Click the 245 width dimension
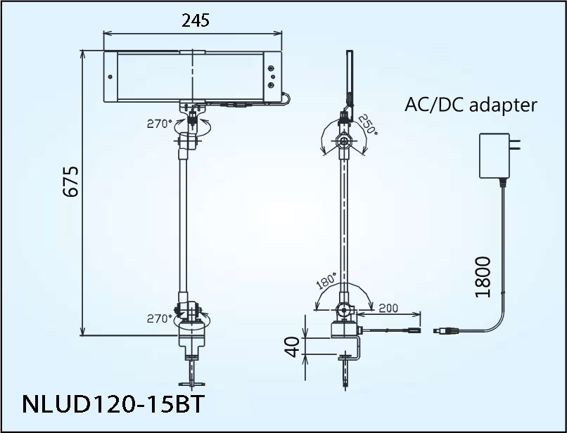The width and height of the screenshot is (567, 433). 195,20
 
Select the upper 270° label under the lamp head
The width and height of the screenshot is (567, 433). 159,124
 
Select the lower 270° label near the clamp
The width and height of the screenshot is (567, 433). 159,318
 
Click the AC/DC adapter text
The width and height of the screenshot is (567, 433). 471,105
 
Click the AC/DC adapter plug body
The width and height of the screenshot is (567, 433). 494,156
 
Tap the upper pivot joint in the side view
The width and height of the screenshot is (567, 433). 344,141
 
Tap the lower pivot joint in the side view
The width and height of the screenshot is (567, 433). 343,309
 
